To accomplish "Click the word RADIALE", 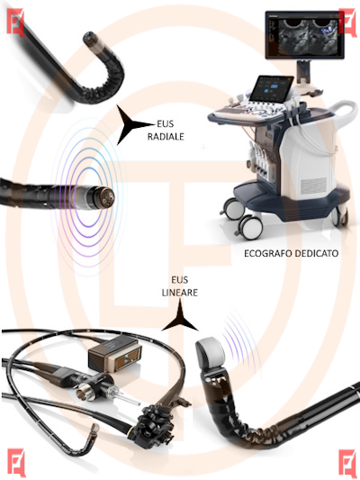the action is point(166,137).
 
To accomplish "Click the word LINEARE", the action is point(180,293).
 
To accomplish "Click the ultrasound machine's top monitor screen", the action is point(304,34).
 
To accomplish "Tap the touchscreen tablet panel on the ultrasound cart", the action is point(271,89).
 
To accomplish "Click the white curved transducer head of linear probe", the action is point(211,352).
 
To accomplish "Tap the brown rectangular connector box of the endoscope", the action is point(115,353).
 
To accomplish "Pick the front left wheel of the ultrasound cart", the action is point(250,227).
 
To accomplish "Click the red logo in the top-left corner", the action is point(15,23).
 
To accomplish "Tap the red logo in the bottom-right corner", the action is point(347,463).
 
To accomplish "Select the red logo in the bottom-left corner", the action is point(16,462).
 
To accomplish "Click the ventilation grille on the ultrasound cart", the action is point(313,184).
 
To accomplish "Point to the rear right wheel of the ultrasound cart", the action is point(340,216).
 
